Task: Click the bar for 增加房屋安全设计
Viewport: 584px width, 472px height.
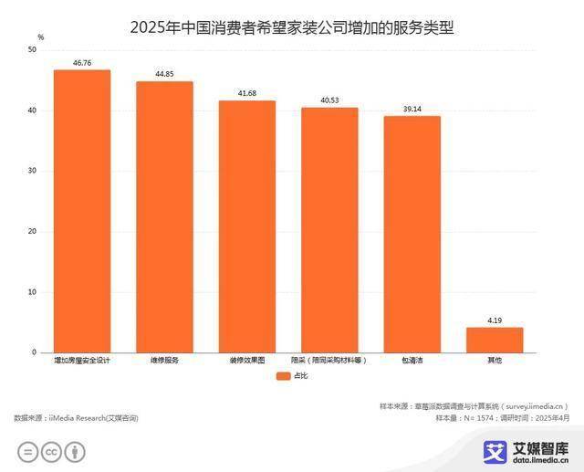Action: coord(82,211)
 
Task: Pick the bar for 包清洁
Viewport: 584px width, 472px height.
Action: coord(412,234)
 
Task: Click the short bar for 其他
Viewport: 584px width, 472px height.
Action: coord(495,340)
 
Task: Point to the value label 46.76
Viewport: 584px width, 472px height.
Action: coord(82,63)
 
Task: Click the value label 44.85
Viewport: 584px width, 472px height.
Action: coord(164,74)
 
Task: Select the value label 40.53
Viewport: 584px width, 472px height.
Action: coord(329,100)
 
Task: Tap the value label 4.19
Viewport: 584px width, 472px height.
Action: coord(495,320)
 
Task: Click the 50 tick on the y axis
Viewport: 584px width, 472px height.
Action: coord(32,50)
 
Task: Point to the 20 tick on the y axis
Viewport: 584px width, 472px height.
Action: coord(32,232)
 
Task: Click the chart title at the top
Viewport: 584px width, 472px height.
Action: coord(291,26)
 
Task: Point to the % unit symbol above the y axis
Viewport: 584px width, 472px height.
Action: coord(40,36)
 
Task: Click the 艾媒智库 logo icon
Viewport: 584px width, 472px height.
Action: coord(495,451)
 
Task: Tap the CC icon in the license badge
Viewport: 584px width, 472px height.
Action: coord(52,451)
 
